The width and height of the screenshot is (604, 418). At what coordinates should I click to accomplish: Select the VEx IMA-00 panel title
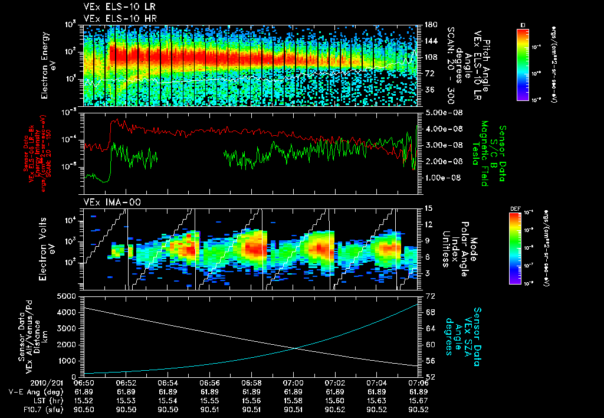click(106, 203)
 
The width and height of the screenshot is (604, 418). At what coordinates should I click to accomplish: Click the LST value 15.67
click(418, 400)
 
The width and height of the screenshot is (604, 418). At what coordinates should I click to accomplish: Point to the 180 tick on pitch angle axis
click(430, 25)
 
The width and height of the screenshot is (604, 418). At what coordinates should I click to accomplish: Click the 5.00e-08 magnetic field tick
click(439, 112)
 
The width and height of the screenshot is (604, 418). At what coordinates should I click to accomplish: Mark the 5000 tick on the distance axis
click(70, 295)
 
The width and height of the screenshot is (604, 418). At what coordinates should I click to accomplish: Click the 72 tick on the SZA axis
click(431, 295)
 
